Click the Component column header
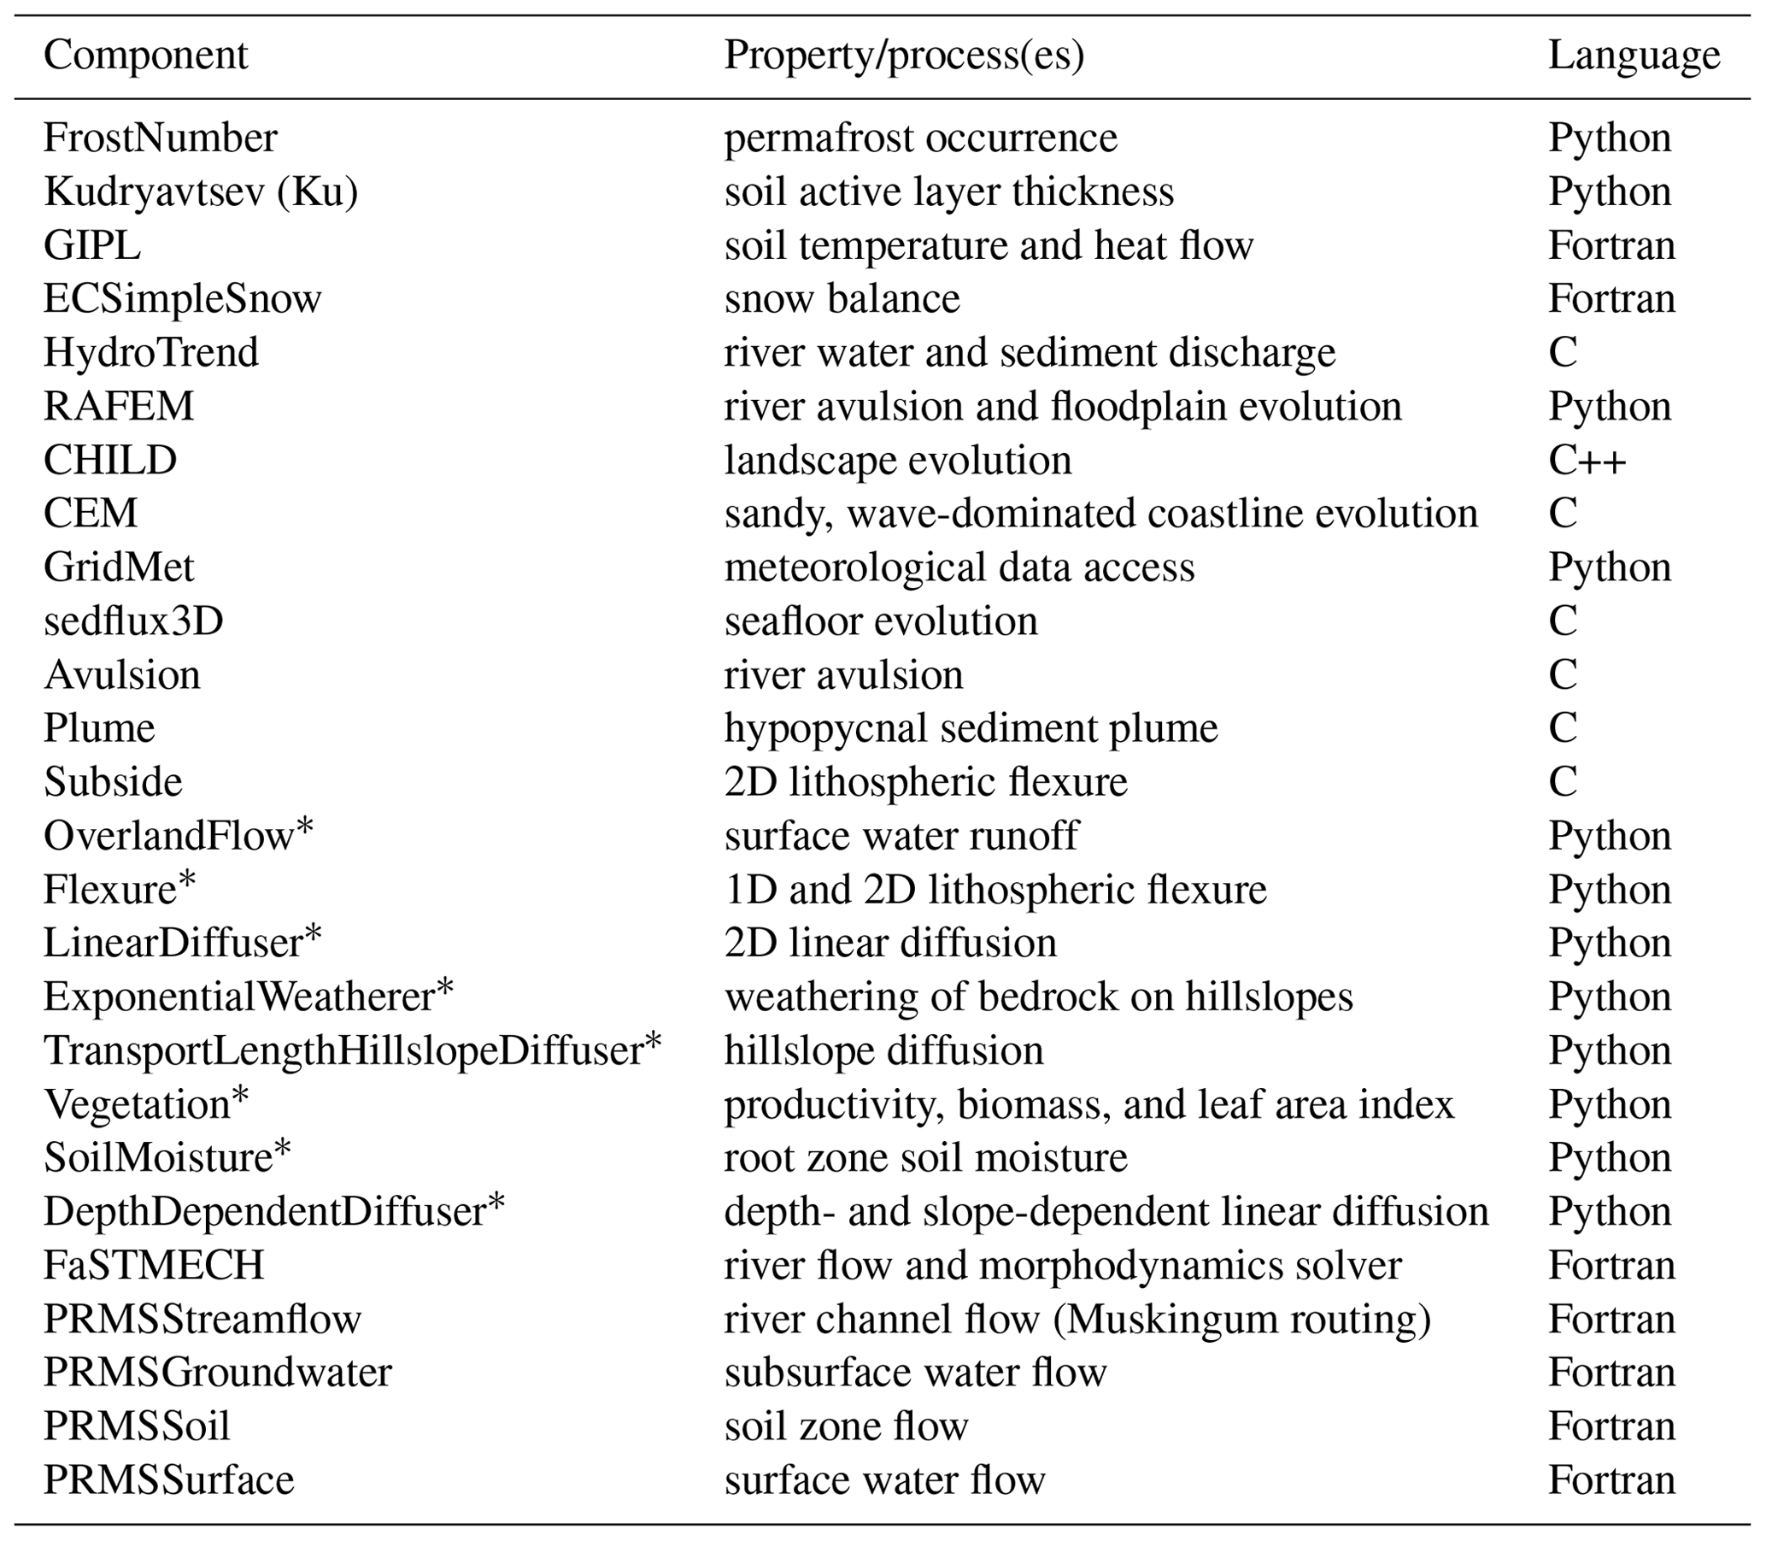pos(145,56)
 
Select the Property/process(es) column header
pos(904,56)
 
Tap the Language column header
pos(1634,56)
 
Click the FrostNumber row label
pos(160,138)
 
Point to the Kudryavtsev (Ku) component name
pos(200,191)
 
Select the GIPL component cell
pos(92,246)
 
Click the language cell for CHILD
pos(1587,460)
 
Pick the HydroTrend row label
pos(150,353)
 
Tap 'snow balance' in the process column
pos(842,299)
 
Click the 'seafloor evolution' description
pos(880,621)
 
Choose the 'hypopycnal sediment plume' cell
pos(971,728)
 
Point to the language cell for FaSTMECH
pos(1611,1265)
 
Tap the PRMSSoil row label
pos(137,1426)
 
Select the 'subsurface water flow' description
pos(915,1373)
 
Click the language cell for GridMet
pos(1610,568)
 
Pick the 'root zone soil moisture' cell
pos(925,1158)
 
